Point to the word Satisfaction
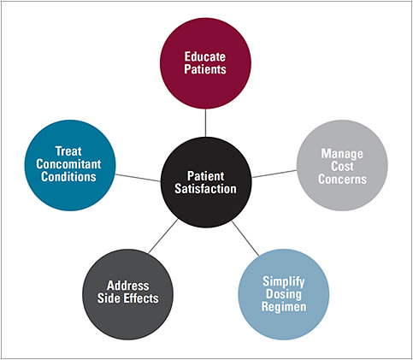click(x=205, y=189)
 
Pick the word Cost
click(x=342, y=167)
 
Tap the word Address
click(x=128, y=285)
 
